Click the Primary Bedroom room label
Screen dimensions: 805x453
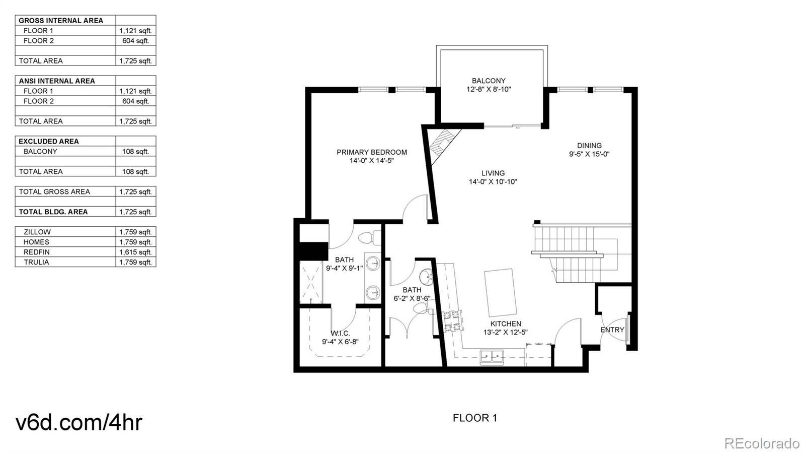(x=372, y=152)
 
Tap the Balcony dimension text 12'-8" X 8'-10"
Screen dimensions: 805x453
(x=489, y=89)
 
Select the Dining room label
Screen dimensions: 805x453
(x=589, y=146)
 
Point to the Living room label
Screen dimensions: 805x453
(x=493, y=173)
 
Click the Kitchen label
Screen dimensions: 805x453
(x=505, y=324)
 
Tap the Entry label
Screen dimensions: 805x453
(x=612, y=330)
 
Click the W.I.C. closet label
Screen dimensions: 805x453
(x=340, y=334)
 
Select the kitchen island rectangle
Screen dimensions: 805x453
(x=500, y=292)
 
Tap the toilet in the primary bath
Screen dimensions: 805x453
(x=370, y=238)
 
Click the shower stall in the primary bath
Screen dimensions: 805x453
(x=311, y=283)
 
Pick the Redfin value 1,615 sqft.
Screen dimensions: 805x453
(x=135, y=252)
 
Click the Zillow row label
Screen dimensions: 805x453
(x=37, y=232)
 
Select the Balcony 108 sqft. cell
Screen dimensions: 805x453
(x=135, y=152)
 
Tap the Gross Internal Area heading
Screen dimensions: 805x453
(x=61, y=21)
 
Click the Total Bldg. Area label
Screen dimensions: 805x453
(x=53, y=212)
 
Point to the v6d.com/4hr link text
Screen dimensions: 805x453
(x=79, y=422)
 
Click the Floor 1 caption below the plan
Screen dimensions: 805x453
(x=475, y=418)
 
